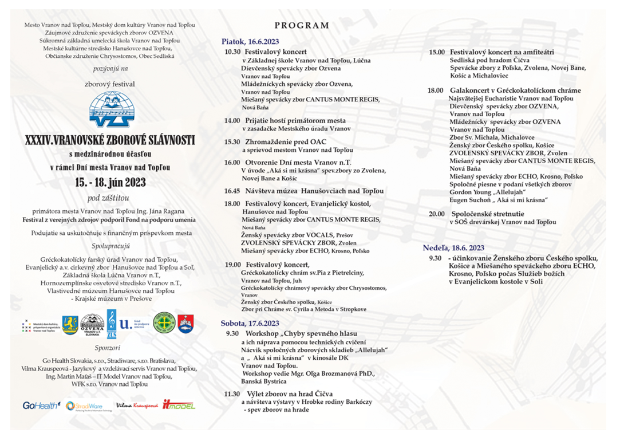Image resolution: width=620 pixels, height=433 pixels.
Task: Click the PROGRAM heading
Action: pos(302,25)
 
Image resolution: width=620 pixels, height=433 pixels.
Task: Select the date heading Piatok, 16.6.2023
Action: pos(251,41)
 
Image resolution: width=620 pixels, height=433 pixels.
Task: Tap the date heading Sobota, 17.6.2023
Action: pos(250,323)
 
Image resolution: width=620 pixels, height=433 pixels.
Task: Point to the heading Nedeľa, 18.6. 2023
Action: pos(453,248)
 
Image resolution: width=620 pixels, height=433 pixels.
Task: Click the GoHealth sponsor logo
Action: pos(41,406)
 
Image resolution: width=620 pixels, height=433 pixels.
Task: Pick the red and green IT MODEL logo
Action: pos(179,405)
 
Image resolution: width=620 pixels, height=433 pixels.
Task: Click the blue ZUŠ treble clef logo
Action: pos(112,324)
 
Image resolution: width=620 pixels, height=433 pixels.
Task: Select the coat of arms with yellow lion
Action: pos(70,324)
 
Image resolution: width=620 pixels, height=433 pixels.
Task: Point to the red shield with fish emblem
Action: pos(185,324)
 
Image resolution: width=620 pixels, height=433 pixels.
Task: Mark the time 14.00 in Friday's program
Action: pos(232,121)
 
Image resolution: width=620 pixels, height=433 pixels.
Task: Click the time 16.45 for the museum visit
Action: pos(232,191)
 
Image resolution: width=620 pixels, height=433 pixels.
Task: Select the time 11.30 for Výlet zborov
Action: pos(232,394)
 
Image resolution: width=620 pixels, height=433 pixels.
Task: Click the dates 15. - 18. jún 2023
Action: pos(110,183)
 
